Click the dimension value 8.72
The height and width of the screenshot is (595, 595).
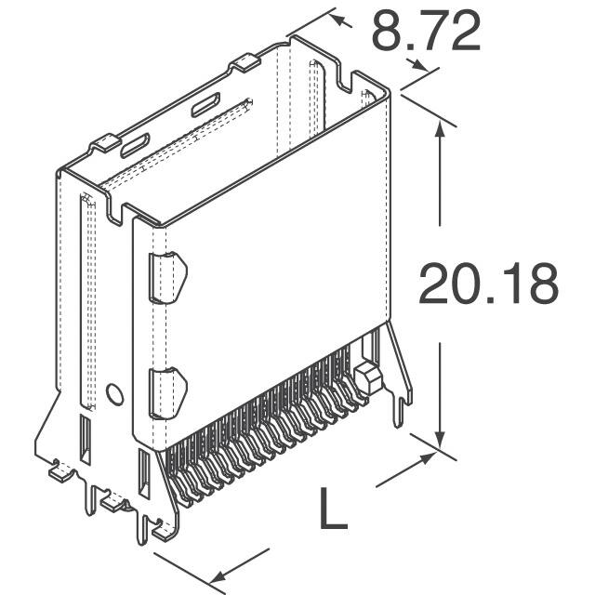click(426, 33)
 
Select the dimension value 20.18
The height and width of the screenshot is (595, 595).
click(487, 284)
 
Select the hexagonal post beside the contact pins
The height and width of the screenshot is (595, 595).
click(364, 379)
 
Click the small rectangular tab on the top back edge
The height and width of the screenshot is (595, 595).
click(245, 63)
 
